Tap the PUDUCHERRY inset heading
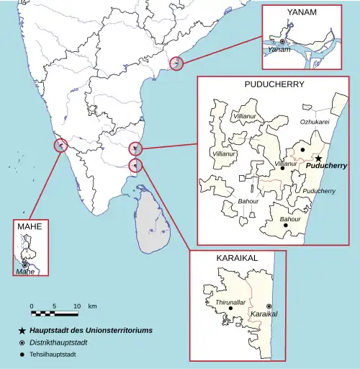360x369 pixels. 274,84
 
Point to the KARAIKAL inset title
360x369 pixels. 237,257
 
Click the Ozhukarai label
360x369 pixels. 315,123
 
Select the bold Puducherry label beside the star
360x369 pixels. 326,166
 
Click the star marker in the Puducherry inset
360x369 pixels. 318,158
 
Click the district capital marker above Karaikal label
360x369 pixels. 269,306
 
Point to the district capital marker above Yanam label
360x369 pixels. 282,43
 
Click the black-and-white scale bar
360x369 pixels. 54,314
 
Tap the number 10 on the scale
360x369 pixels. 76,306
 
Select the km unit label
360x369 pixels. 92,306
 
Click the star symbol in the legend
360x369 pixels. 24,330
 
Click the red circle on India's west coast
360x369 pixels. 60,146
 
